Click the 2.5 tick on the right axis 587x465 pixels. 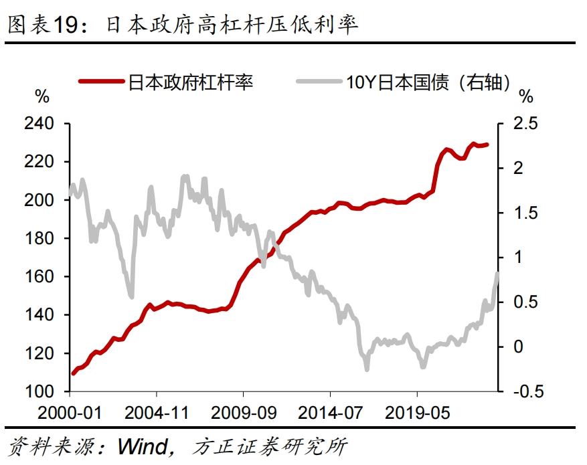[525, 124]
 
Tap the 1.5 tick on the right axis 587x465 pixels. [525, 213]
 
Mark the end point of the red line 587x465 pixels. [487, 145]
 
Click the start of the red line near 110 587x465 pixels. [72, 373]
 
